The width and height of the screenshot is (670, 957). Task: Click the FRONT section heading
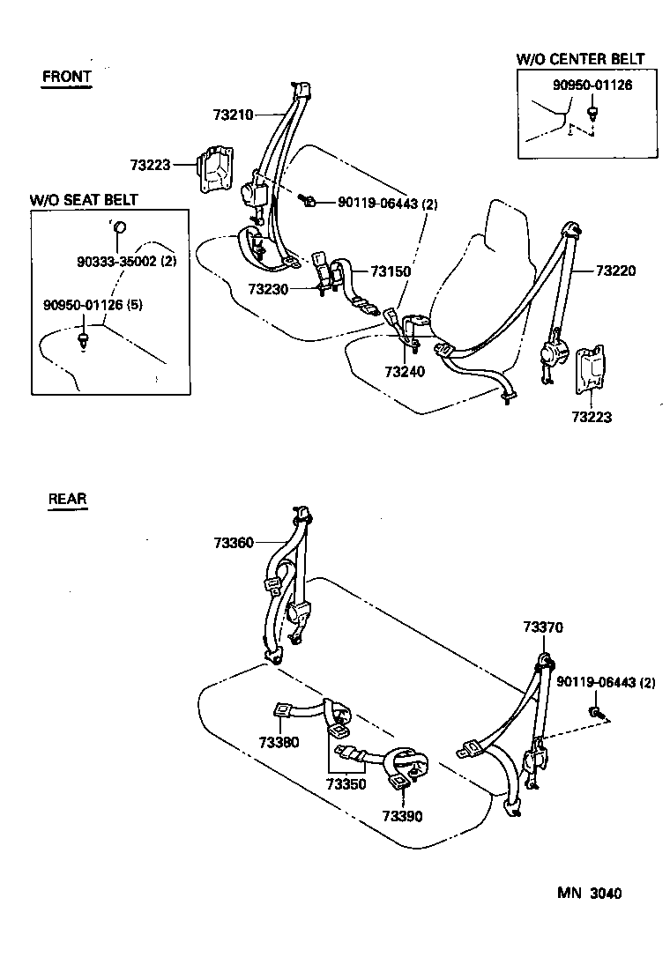pos(67,77)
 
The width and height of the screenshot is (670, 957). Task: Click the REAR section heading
pos(67,499)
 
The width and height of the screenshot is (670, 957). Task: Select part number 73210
pos(233,115)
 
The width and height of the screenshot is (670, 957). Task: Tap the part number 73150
pos(390,272)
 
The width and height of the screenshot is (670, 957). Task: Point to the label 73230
pos(268,288)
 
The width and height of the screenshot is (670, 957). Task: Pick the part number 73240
pos(405,371)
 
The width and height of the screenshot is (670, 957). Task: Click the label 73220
pos(615,271)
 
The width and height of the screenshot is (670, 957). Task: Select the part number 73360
pos(233,543)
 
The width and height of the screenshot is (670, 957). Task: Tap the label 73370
pos(542,627)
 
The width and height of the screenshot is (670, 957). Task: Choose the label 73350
pos(346,783)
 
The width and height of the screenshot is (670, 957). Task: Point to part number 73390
pos(403,816)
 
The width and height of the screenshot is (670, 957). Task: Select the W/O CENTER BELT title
pos(580,59)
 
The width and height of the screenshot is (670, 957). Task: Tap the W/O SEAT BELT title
pos(84,200)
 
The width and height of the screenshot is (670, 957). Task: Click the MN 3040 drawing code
pos(589,893)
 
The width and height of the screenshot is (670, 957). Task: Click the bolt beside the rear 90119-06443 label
pos(598,711)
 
